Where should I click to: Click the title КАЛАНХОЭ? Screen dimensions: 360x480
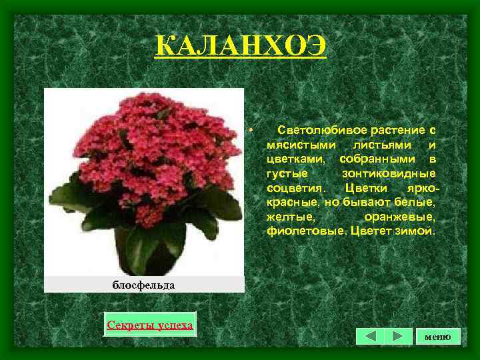click(240, 47)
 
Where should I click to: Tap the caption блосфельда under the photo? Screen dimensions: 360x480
click(143, 285)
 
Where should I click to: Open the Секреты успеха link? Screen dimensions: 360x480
click(150, 325)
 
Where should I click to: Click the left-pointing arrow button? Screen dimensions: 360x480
click(370, 336)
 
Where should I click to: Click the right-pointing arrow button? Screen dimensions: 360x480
click(397, 336)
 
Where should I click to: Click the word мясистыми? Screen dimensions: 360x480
click(299, 144)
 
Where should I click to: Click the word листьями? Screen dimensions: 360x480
click(385, 144)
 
